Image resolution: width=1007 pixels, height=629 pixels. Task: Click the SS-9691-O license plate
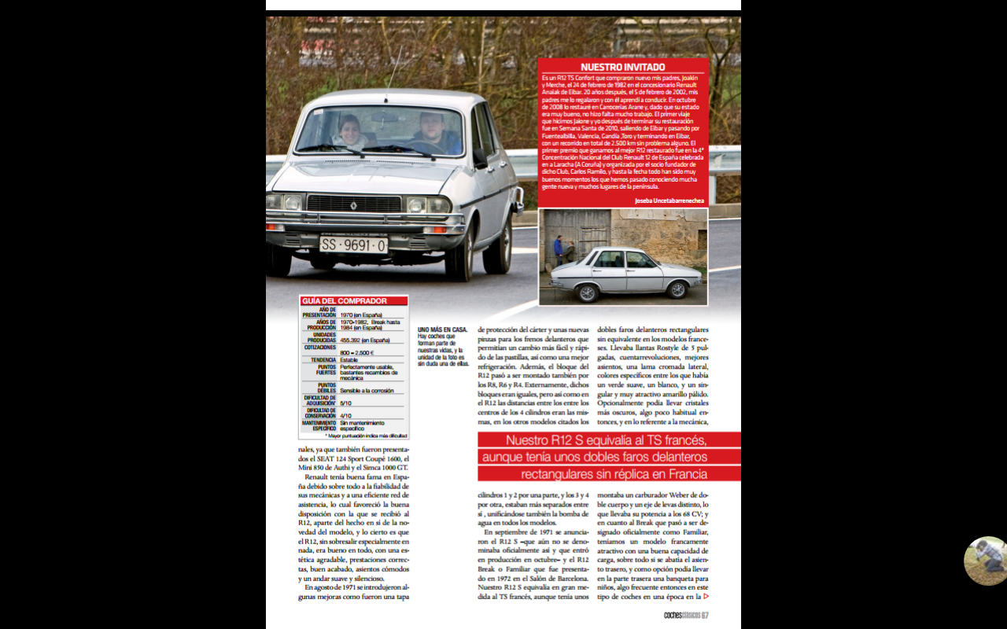click(x=353, y=245)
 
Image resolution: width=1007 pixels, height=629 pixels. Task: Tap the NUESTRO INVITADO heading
click(x=622, y=68)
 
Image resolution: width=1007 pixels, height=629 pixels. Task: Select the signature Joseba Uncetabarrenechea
click(x=669, y=200)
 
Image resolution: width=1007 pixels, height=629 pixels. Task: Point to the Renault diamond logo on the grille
click(x=353, y=205)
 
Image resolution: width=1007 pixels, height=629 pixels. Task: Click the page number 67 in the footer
click(x=706, y=615)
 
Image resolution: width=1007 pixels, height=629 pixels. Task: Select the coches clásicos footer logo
click(x=682, y=615)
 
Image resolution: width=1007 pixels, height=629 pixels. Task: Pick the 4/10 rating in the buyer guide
click(x=345, y=415)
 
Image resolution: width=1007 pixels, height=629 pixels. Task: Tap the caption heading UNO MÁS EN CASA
click(x=442, y=329)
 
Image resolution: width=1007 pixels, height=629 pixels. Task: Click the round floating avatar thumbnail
click(x=986, y=561)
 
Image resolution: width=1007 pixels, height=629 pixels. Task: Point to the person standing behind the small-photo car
click(x=558, y=249)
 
